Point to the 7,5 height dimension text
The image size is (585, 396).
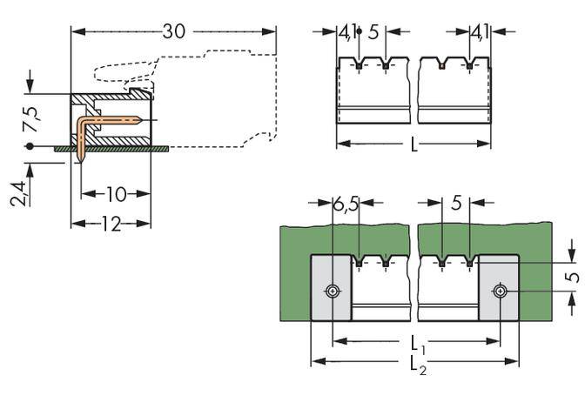click(30, 119)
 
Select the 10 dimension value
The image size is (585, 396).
click(116, 193)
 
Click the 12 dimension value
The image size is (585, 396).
click(111, 224)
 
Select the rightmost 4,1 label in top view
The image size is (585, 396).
click(478, 34)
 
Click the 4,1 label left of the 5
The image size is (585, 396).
click(346, 34)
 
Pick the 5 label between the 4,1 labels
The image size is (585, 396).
click(373, 34)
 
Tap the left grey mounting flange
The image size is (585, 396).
click(332, 287)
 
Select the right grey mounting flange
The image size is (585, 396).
click(499, 287)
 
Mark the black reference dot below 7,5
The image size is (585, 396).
click(30, 146)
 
